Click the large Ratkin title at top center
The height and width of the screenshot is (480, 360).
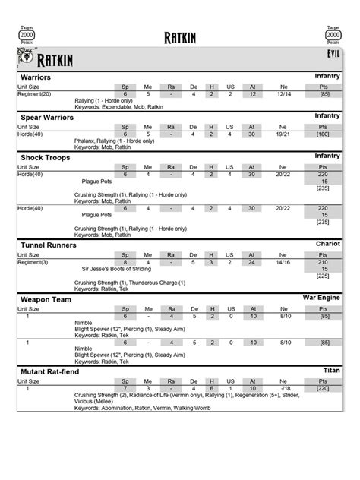point(180,38)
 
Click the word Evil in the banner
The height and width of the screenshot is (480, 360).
point(333,55)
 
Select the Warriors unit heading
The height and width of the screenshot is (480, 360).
point(36,78)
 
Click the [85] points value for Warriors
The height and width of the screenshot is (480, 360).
point(324,94)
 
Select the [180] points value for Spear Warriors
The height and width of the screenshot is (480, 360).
point(324,134)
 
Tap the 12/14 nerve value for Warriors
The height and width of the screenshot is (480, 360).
point(284,94)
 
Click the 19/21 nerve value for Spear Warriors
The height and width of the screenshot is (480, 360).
point(284,134)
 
